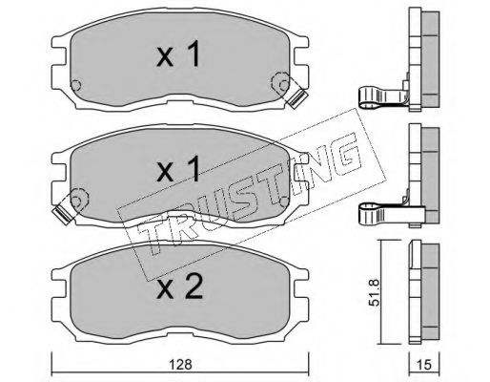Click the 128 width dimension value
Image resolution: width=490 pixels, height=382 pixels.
tap(180, 364)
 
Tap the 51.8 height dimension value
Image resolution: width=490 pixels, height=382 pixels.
tap(376, 292)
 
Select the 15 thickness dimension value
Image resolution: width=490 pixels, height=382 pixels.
tap(424, 365)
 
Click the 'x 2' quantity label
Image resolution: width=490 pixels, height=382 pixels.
tap(179, 286)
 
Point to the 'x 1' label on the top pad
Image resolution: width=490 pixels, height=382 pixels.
tap(178, 53)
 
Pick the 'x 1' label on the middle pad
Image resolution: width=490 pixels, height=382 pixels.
tap(178, 169)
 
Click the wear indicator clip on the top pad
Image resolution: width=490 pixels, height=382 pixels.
tap(296, 98)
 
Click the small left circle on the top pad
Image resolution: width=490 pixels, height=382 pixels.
tap(76, 85)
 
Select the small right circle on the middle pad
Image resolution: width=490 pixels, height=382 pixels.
tap(284, 202)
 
